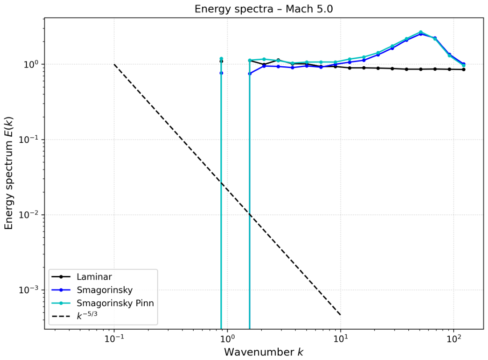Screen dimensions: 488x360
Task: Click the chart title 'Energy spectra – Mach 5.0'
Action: pos(264,9)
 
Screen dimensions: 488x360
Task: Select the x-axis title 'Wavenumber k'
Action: pos(264,352)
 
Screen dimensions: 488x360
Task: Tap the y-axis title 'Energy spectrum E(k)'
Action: pos(9,173)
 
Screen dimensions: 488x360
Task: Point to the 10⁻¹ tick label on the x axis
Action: pos(114,339)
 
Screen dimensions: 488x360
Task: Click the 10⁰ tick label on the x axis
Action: pos(227,339)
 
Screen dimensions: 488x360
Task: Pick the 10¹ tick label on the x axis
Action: pos(341,339)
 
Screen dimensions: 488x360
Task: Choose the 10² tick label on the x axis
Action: pos(454,339)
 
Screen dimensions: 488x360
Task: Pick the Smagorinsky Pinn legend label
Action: pos(115,303)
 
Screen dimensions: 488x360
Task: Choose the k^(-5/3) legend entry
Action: pos(87,316)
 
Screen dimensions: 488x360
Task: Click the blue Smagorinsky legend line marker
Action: pos(61,290)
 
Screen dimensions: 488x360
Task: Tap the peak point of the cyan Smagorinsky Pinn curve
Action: pos(420,32)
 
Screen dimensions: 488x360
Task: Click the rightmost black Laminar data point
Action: pos(464,69)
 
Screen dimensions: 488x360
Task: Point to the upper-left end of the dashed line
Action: pos(114,65)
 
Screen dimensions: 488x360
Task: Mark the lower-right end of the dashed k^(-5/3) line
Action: pos(341,315)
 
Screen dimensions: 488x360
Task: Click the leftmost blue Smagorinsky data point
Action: pos(221,73)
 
